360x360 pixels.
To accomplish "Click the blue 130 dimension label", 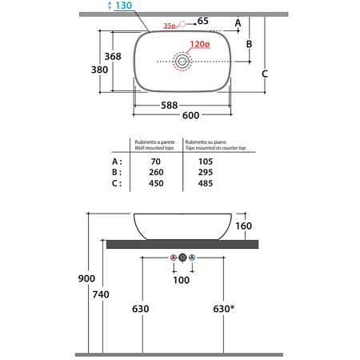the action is [123, 6].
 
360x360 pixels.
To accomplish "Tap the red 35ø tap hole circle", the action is [182, 24].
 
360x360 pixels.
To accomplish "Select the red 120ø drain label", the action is [200, 44].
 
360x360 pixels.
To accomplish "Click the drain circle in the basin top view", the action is [182, 62].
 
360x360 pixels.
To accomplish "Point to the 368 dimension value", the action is [113, 57].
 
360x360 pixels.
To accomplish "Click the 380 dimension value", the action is [99, 70].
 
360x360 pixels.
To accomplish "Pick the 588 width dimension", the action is [170, 106].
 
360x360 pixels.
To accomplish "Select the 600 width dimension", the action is [190, 115].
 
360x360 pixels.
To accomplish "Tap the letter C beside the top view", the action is [265, 74].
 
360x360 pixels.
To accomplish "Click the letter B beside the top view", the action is [249, 44].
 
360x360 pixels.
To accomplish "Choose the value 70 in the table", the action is [155, 162].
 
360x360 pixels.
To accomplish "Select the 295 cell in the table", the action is [206, 172].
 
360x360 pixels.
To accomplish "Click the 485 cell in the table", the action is [206, 183].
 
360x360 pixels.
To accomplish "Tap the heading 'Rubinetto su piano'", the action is [206, 142].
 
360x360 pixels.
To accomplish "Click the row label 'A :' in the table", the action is [117, 162].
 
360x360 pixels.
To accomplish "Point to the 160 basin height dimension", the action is [243, 226].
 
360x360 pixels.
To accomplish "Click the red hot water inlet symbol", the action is [174, 258].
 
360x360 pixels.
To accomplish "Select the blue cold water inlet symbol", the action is [192, 258].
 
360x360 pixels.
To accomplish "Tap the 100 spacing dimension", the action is [182, 280].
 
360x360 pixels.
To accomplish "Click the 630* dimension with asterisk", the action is [224, 309].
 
